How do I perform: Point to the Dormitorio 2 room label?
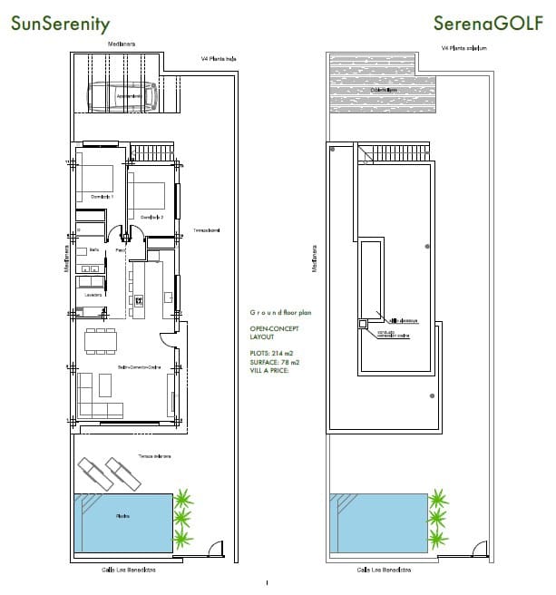151,216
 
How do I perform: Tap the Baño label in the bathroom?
93,249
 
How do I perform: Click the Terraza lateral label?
206,230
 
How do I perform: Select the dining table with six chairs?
101,339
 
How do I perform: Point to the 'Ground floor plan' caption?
281,311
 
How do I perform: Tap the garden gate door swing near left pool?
211,549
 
